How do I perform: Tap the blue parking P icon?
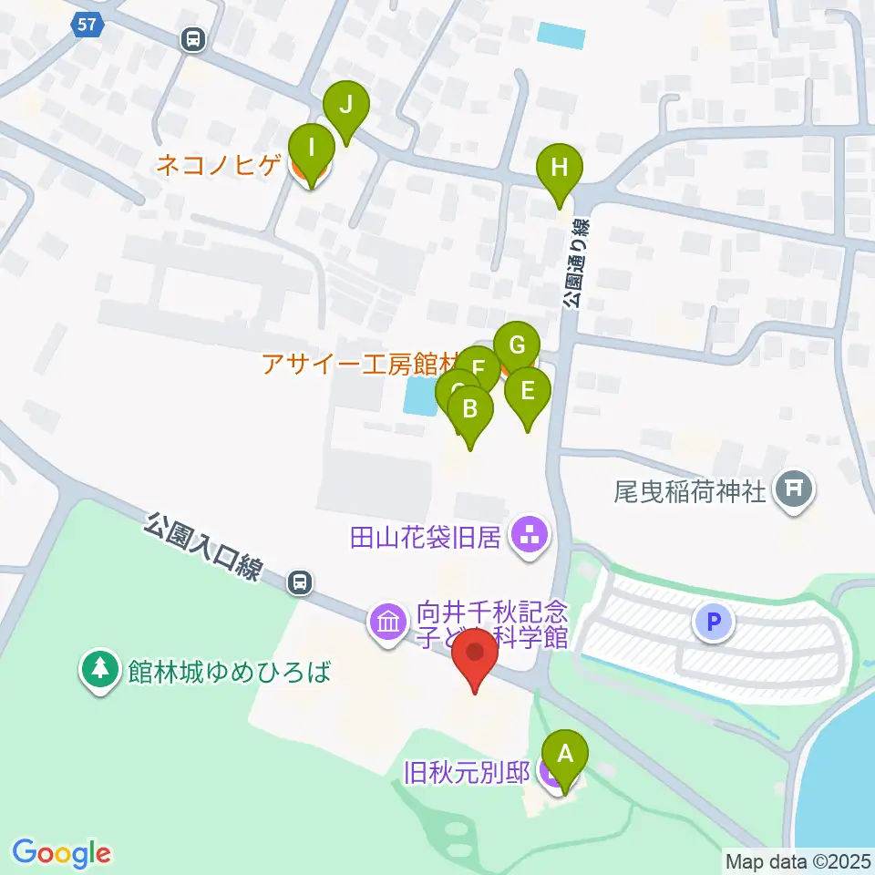(714, 623)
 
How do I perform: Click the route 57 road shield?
(87, 26)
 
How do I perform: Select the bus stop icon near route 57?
(193, 39)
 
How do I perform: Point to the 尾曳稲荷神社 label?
(693, 493)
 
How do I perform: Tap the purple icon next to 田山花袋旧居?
(529, 535)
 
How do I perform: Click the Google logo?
(61, 853)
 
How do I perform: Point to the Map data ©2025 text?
(798, 860)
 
